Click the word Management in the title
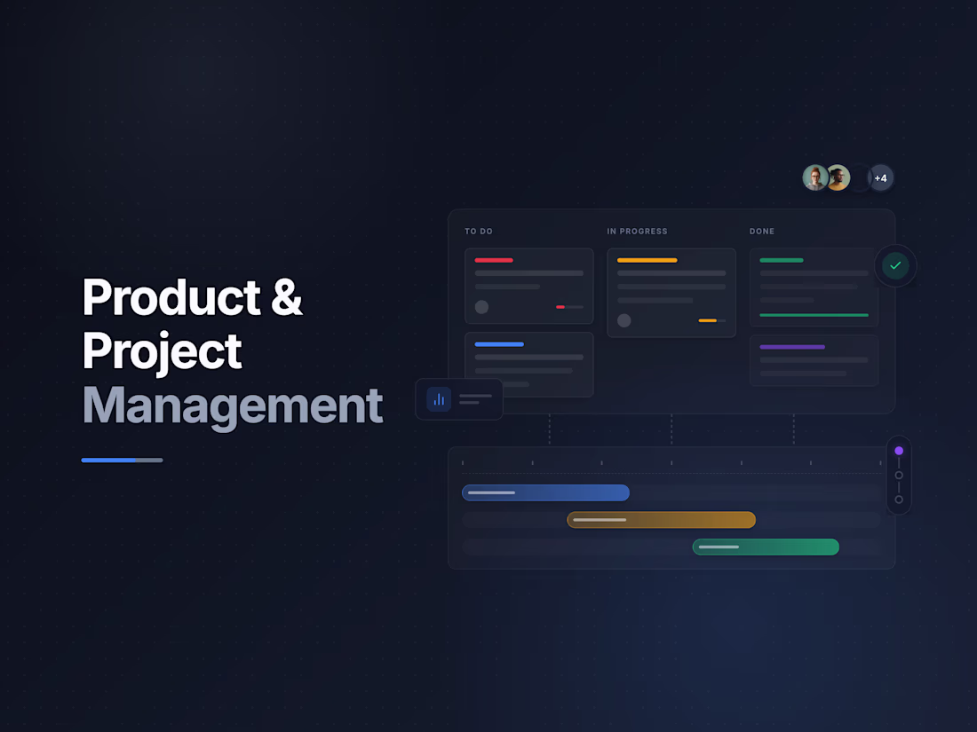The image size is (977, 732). click(x=232, y=405)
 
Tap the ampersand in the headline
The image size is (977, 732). click(x=286, y=297)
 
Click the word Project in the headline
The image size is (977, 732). click(x=162, y=351)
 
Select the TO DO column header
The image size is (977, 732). click(x=479, y=232)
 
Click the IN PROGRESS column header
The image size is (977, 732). click(x=637, y=232)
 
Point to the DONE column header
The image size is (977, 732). click(x=762, y=232)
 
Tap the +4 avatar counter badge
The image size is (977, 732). click(x=880, y=178)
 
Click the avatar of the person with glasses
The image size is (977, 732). click(x=815, y=178)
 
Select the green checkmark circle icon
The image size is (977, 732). click(x=895, y=265)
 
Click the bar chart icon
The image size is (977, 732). click(x=439, y=399)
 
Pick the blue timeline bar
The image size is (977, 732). click(x=545, y=492)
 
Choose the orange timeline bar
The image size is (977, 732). click(x=662, y=520)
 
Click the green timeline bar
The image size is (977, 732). click(x=766, y=547)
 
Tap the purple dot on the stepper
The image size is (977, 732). click(x=899, y=451)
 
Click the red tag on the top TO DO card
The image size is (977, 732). click(x=494, y=260)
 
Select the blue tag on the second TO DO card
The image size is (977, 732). click(x=499, y=344)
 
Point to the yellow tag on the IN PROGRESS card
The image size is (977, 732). click(x=647, y=260)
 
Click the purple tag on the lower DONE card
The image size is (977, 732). click(x=792, y=347)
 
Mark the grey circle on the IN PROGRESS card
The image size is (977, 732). click(x=624, y=320)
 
